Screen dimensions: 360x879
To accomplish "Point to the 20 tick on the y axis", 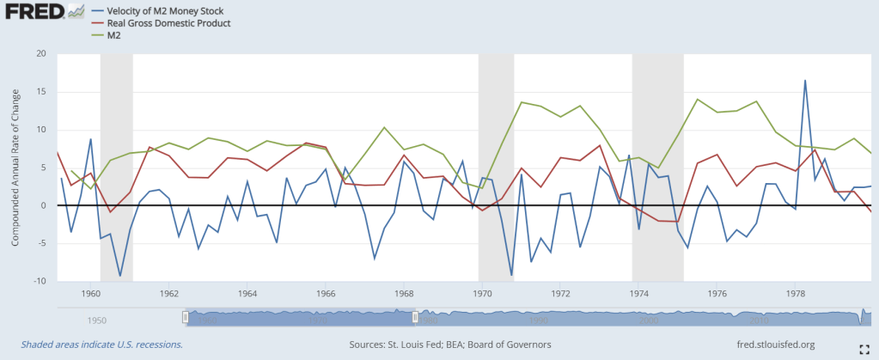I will point(40,53).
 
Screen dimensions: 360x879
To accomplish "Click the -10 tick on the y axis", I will point(38,281).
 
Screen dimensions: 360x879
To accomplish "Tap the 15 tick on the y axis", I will point(40,91).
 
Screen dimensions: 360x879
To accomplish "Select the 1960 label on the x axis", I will point(90,292).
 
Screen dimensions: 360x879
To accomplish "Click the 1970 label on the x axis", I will point(481,292).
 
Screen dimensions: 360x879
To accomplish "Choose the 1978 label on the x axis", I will point(796,292).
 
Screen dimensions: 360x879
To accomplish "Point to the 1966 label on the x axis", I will point(325,292).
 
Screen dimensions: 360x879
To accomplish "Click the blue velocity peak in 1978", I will point(805,81).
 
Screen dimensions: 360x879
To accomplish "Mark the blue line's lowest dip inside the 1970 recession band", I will point(512,275).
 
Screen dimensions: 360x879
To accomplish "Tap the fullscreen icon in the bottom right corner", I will point(864,345).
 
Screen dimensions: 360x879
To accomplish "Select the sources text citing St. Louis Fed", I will point(450,345).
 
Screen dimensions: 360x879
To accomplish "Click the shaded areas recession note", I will point(96,345).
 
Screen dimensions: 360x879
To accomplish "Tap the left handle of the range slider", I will point(185,317).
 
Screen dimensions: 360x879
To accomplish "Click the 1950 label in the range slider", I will point(96,320).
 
